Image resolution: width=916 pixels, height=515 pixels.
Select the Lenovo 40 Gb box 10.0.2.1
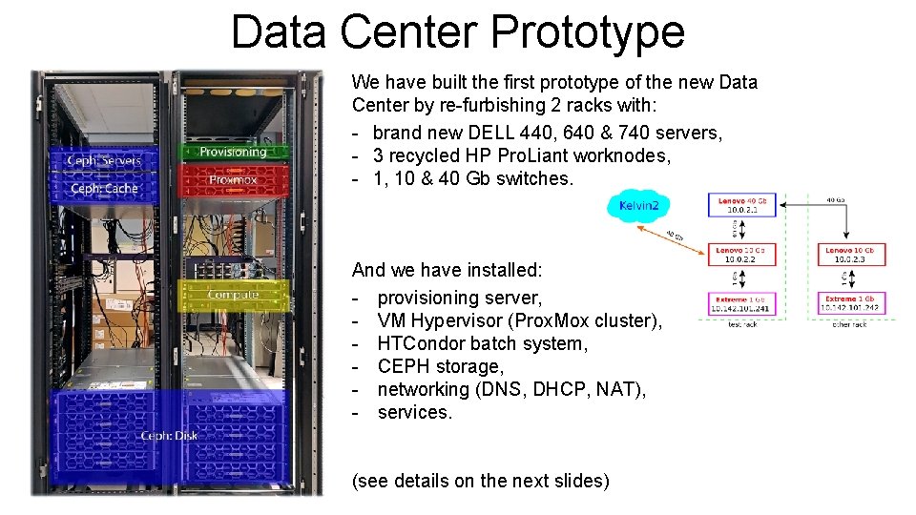(743, 205)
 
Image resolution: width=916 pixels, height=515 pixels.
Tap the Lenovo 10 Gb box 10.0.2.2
(743, 255)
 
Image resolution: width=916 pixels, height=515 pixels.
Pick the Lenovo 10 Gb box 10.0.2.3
(854, 255)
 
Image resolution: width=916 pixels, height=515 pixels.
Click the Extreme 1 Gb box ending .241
(743, 304)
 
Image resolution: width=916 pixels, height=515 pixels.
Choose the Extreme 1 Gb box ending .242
(854, 304)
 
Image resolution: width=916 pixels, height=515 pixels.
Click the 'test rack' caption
(743, 324)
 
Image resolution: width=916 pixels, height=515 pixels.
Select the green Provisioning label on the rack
(234, 152)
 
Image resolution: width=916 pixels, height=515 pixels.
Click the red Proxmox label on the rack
(234, 179)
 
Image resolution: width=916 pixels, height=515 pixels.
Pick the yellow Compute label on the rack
(234, 295)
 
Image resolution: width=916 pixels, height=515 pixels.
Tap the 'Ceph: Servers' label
(104, 160)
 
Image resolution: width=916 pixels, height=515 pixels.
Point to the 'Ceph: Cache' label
(104, 188)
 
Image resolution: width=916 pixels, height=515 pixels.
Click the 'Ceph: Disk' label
(170, 436)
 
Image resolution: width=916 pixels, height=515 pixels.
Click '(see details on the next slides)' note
(481, 481)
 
